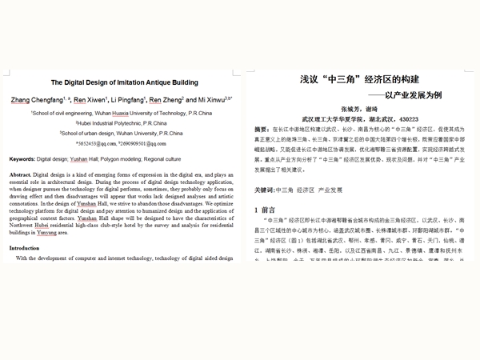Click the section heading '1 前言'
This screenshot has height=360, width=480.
(x=265, y=210)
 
